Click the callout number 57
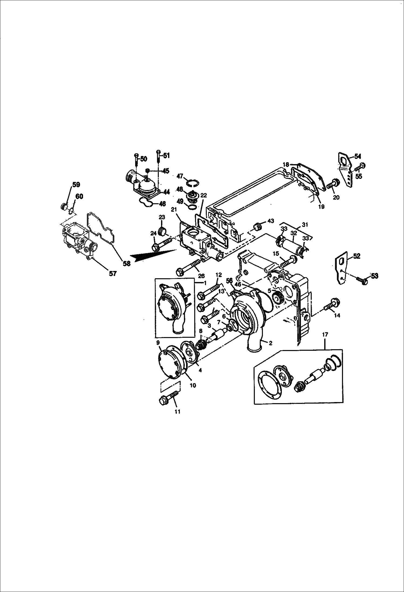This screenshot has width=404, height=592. pos(112,274)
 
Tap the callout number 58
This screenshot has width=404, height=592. pos(126,263)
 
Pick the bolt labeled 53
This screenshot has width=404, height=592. pos(362,280)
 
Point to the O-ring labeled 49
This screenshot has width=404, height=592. pos(192,207)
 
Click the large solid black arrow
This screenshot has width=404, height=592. pos(151,255)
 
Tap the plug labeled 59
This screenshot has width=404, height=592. pos(64,207)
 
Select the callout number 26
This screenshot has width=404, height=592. pos(201,276)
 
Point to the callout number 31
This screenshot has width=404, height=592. pos(305,224)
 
